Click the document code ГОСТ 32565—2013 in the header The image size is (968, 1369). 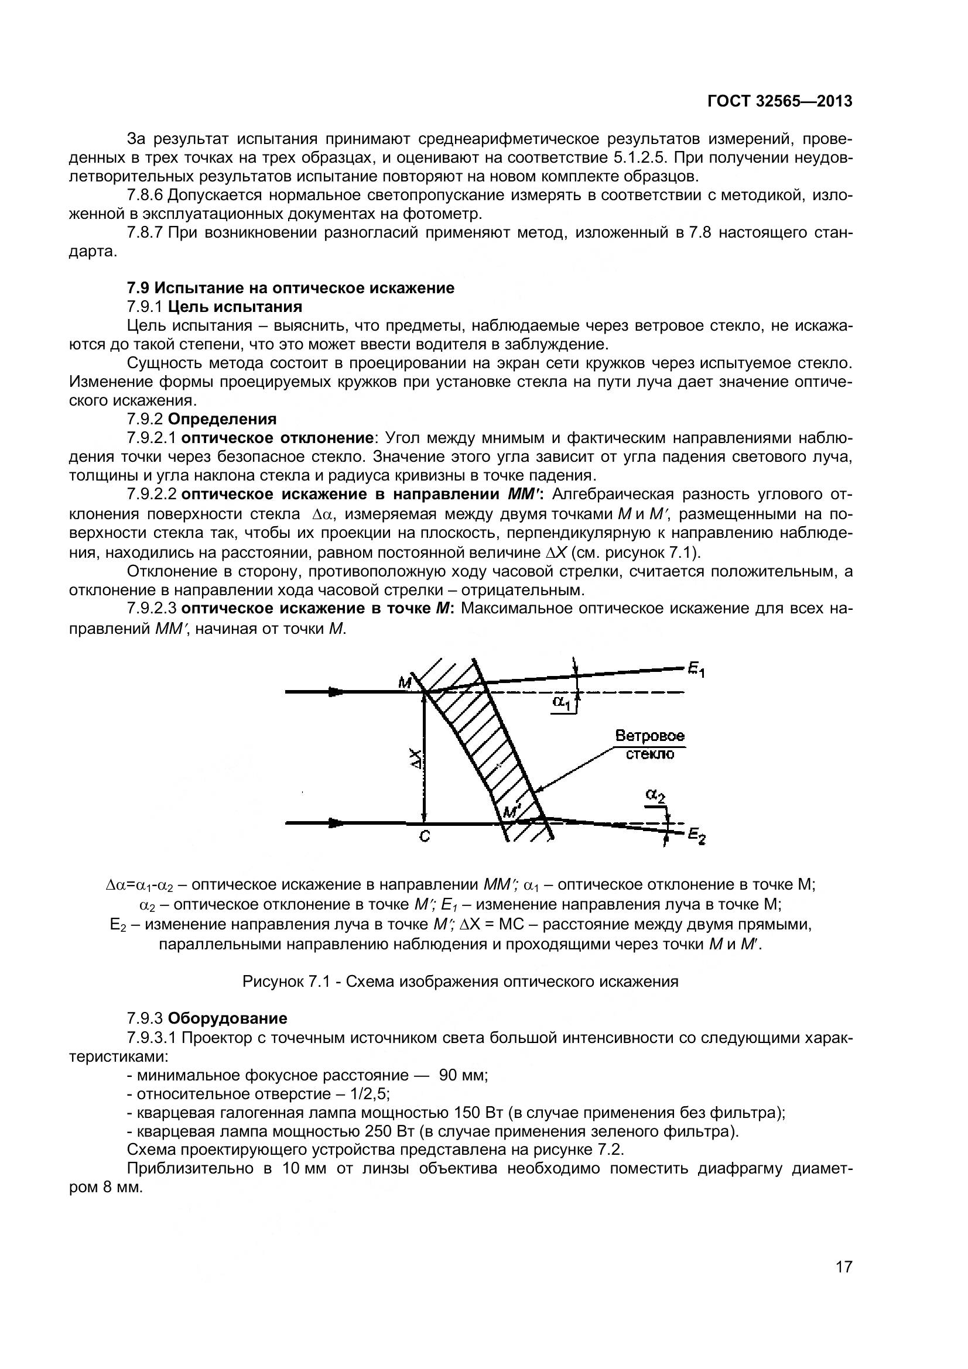(x=779, y=101)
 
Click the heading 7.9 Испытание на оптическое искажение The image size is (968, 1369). (x=290, y=288)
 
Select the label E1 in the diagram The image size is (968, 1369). (x=696, y=671)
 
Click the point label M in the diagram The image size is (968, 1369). (x=405, y=682)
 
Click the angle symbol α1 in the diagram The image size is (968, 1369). (x=561, y=702)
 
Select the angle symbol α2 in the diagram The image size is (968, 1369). (x=655, y=795)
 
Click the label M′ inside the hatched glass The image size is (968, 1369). (x=512, y=811)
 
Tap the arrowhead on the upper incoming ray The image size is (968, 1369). (x=337, y=692)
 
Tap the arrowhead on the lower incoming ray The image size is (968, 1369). (x=337, y=823)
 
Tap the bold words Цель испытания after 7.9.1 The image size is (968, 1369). (x=235, y=307)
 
